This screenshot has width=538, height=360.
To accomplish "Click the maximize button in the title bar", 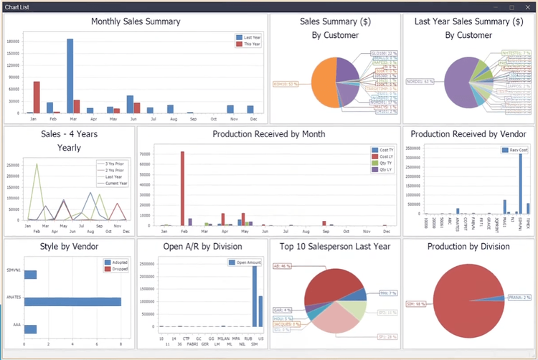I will [x=511, y=6].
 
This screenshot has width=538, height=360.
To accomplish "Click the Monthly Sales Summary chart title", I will [x=136, y=22].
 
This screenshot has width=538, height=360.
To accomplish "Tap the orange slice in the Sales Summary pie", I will [x=324, y=82].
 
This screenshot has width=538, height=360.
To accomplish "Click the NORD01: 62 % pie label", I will [x=420, y=81].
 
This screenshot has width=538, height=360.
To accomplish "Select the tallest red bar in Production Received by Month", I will [x=182, y=189].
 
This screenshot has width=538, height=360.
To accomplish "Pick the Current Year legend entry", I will [x=112, y=185].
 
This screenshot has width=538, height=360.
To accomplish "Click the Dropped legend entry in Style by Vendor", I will [x=117, y=269].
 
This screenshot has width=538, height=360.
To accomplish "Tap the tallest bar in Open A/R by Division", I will [x=255, y=296].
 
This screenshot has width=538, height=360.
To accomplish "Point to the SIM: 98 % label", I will [x=417, y=303].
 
